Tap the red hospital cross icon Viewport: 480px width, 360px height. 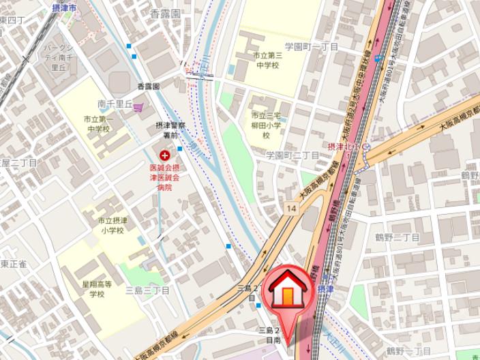[164, 156]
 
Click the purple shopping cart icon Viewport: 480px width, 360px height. [138, 106]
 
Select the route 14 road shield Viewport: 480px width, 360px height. [292, 207]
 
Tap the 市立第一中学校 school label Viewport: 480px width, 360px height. [97, 124]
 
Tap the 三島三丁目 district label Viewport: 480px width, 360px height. [147, 290]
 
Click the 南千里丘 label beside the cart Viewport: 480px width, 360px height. [114, 104]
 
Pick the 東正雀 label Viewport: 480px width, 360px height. [13, 263]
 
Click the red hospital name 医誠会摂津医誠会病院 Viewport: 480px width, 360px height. [164, 177]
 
